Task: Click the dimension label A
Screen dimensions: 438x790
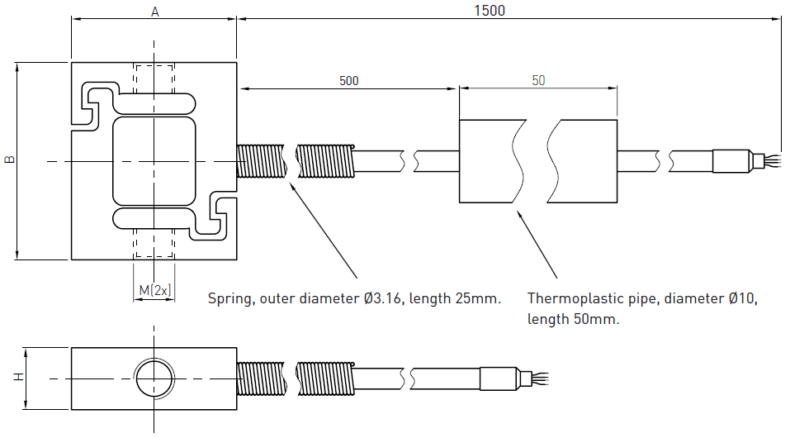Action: [154, 11]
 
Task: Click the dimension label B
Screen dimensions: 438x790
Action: [9, 159]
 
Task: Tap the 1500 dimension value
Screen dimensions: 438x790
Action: [490, 10]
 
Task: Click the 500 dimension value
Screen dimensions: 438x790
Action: [349, 81]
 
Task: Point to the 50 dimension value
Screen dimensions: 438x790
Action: [538, 81]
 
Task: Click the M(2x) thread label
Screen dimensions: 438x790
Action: [154, 290]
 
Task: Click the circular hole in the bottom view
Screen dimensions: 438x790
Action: [154, 378]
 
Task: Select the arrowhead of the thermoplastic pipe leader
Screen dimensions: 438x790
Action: [519, 214]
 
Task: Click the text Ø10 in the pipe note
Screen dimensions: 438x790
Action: [741, 298]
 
